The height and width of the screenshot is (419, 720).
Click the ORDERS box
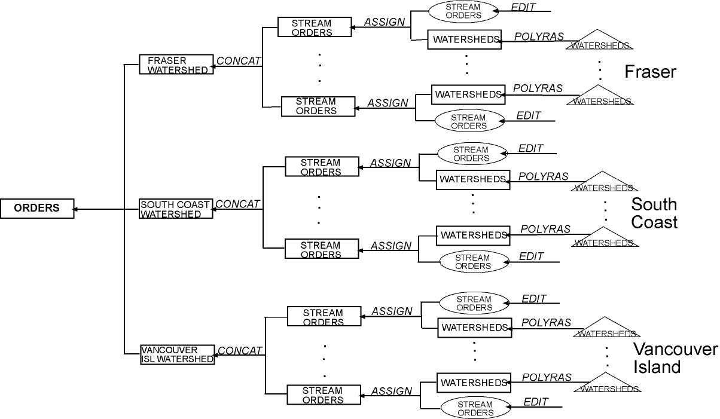coord(37,209)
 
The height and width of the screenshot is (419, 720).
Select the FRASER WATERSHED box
coord(176,65)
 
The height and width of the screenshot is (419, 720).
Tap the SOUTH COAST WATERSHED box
coord(176,209)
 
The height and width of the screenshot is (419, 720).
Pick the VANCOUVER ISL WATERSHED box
coord(178,354)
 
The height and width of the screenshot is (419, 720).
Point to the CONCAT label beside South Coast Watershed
coord(237,204)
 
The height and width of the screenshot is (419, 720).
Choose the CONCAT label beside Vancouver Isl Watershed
coord(240,351)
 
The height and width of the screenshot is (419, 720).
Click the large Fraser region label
coord(650,72)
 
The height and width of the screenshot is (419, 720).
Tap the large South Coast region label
coord(654,213)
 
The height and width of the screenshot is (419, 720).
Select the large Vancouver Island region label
coord(675,358)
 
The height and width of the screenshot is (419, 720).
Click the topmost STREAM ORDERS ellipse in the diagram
coord(463,11)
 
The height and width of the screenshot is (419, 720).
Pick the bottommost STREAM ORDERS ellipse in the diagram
coord(475,408)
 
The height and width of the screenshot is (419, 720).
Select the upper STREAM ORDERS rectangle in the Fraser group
coord(314,27)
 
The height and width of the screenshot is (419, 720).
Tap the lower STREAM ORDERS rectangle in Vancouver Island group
coord(324,395)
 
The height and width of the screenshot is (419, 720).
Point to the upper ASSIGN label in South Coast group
coord(390,163)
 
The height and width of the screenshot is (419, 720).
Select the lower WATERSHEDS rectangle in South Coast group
coord(473,235)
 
